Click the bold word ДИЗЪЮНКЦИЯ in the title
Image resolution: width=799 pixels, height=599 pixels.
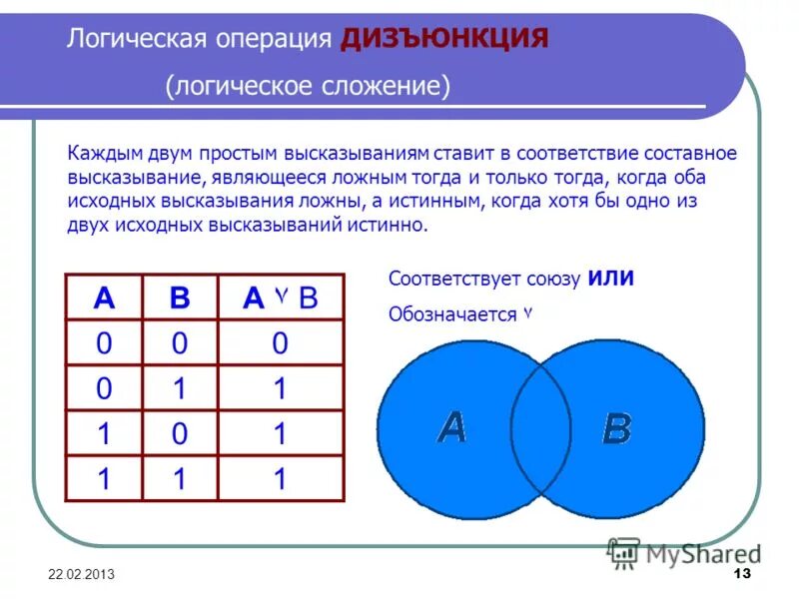pos(443,38)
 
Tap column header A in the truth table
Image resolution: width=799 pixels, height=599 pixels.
pos(104,297)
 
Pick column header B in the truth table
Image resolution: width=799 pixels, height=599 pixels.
pos(180,297)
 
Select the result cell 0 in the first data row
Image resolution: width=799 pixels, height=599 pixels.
pos(280,343)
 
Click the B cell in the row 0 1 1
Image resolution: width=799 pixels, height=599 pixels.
pos(180,388)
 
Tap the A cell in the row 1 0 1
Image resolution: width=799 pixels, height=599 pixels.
pos(104,434)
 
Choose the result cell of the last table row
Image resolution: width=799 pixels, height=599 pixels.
pos(280,479)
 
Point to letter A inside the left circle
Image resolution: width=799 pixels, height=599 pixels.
pos(451,427)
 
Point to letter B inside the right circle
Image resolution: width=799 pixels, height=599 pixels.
pos(616,429)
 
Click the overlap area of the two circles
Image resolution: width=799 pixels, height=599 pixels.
pos(540,429)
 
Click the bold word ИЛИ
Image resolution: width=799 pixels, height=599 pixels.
pos(610,279)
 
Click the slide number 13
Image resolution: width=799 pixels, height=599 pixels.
pos(741,576)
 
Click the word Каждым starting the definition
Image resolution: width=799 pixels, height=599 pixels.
pos(100,154)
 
